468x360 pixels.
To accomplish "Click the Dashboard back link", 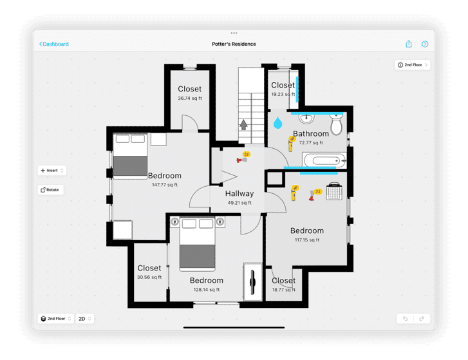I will (54, 44).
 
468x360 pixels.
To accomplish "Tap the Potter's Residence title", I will (234, 44).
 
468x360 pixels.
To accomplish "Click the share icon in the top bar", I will (408, 44).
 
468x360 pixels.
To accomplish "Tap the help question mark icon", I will (425, 44).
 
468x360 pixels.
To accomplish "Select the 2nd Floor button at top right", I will (413, 65).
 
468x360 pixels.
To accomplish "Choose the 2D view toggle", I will (85, 318).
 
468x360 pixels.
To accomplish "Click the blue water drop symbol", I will (278, 121).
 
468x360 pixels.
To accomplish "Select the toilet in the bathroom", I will (336, 123).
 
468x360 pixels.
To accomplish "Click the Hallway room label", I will (239, 193).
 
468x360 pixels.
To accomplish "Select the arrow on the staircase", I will (244, 124).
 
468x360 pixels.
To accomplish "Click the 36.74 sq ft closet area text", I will (189, 99).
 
